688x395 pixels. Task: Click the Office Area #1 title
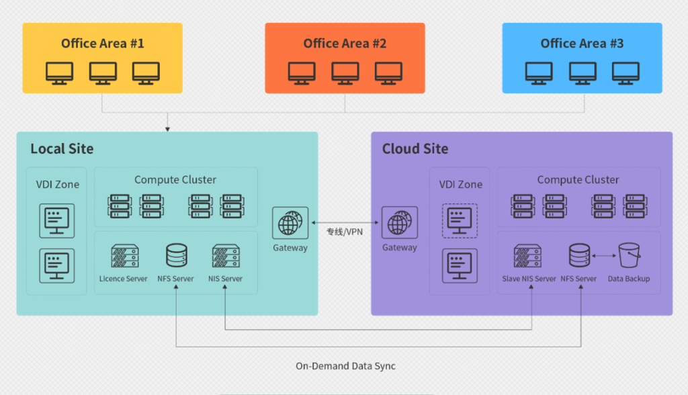102,44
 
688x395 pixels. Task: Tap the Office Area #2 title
345,44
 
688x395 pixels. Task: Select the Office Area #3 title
582,44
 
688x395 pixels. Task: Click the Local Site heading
62,149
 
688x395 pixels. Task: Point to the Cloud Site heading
415,149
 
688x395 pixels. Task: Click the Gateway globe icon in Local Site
290,224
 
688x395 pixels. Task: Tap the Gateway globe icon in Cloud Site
400,224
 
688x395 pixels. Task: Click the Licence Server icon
124,256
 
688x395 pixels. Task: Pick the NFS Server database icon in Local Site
176,256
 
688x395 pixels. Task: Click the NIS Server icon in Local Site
225,256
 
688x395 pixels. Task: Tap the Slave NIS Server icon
529,256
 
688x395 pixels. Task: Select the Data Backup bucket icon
629,256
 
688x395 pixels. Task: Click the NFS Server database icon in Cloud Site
578,256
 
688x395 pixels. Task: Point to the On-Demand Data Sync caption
345,366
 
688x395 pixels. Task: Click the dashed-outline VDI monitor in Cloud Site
460,221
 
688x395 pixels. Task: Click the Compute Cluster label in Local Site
175,180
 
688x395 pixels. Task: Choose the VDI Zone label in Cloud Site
461,185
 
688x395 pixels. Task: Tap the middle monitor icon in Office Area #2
345,73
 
